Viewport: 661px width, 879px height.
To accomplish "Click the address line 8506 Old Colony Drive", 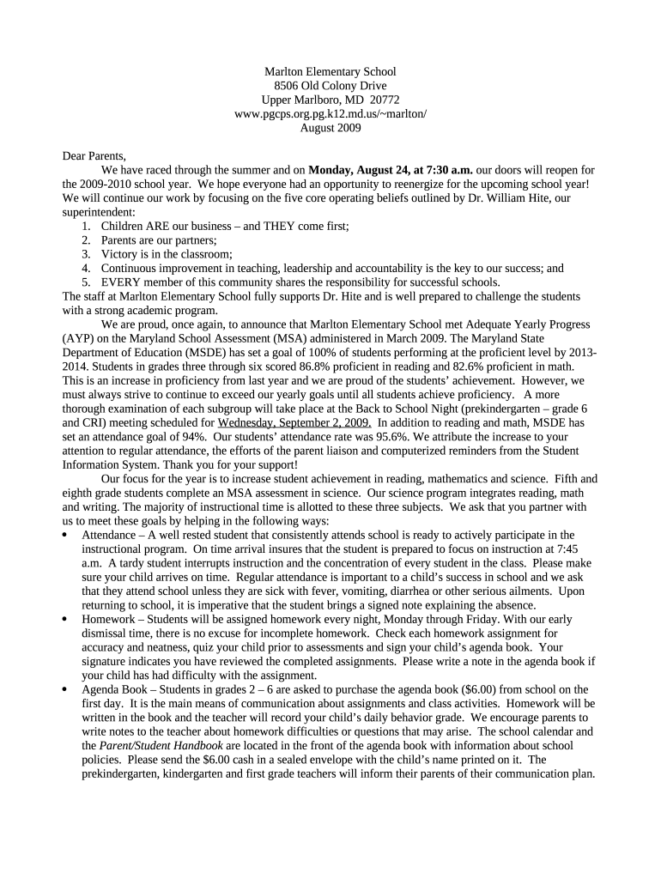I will point(330,86).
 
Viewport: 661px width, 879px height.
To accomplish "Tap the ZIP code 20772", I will point(385,100).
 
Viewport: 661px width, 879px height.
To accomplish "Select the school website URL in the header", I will point(330,114).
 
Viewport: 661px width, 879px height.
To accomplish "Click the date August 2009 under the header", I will point(330,128).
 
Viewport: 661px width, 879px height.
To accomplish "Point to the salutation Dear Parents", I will point(94,156).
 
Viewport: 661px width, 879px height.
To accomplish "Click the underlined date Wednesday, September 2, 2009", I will point(294,422).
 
